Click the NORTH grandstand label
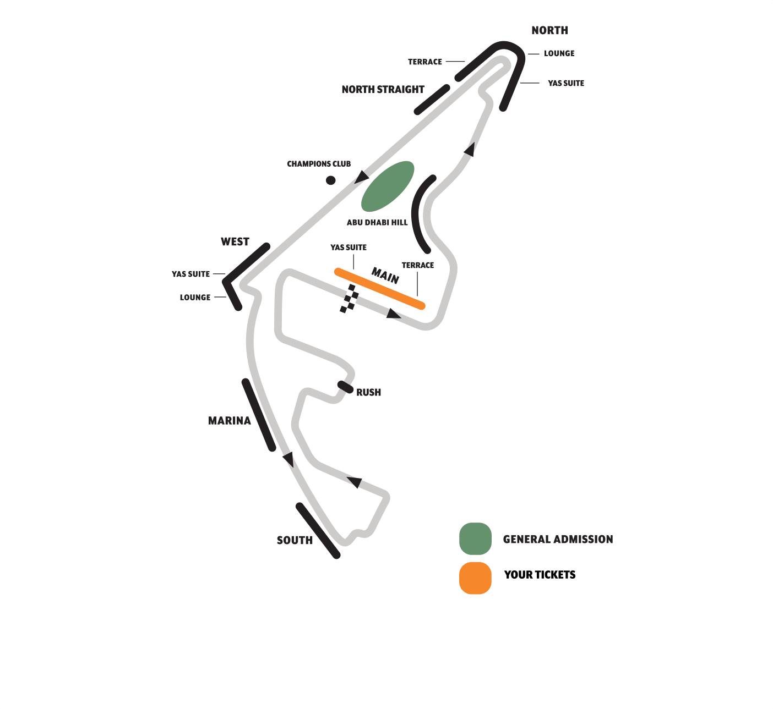[549, 30]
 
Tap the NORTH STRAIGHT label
[383, 89]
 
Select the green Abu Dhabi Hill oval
[388, 186]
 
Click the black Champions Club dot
[330, 180]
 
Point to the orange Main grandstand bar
[380, 289]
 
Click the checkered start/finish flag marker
[349, 299]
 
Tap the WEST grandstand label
[235, 241]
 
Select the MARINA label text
[229, 421]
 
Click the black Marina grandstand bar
[258, 415]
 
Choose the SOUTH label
[295, 540]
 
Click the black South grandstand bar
[318, 531]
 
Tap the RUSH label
[368, 392]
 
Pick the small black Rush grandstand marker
[345, 387]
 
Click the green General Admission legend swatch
[475, 538]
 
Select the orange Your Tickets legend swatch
[475, 578]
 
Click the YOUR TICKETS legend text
[540, 575]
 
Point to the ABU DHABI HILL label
[377, 222]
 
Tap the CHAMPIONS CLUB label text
[319, 164]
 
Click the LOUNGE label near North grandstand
[559, 53]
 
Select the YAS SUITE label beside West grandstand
[190, 274]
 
